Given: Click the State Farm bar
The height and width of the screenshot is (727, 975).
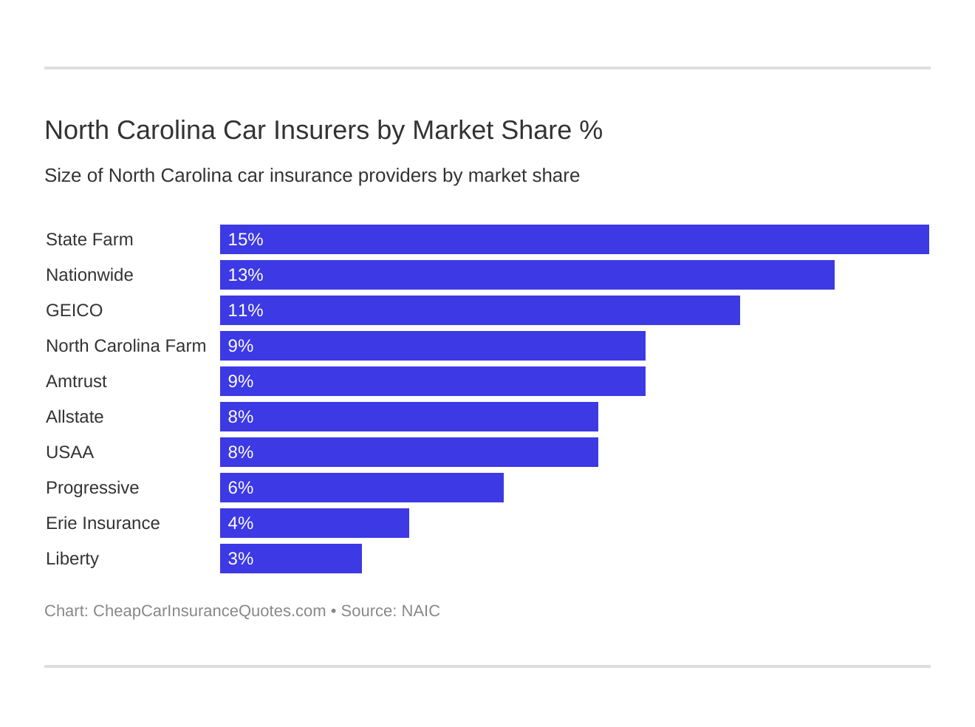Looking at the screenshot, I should (574, 239).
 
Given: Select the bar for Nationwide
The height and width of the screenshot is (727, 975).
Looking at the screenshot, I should (527, 275).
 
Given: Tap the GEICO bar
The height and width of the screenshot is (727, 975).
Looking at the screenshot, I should (479, 310).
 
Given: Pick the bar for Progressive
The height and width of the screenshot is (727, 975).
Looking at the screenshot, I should (361, 488).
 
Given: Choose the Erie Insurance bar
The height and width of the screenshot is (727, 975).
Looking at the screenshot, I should (314, 523).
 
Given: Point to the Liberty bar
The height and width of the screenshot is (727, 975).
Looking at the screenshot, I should (290, 559).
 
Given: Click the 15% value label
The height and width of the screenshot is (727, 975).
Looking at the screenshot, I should (245, 239).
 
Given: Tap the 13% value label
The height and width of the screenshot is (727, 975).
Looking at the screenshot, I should (245, 275).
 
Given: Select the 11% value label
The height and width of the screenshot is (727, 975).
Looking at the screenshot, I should (245, 310).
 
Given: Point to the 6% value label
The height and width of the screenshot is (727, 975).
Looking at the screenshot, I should (241, 488).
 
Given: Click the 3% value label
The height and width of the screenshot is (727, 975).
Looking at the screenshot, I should (241, 559).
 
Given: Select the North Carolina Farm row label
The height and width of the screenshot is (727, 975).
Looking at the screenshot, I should (126, 346).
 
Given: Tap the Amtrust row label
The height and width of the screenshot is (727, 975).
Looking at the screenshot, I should (76, 381).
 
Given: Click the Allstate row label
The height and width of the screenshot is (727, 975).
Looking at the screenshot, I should (75, 417).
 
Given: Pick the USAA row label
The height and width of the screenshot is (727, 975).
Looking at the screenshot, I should (69, 452).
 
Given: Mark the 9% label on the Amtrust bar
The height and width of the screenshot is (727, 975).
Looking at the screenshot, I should (241, 381).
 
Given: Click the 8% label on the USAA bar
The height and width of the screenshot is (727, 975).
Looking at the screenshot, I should (241, 452).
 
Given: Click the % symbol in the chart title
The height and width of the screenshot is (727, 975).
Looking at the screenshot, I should (591, 130).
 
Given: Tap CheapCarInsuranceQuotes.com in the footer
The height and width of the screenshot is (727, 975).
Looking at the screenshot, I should (209, 611).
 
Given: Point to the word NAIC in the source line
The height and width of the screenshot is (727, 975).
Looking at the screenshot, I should (420, 611).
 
